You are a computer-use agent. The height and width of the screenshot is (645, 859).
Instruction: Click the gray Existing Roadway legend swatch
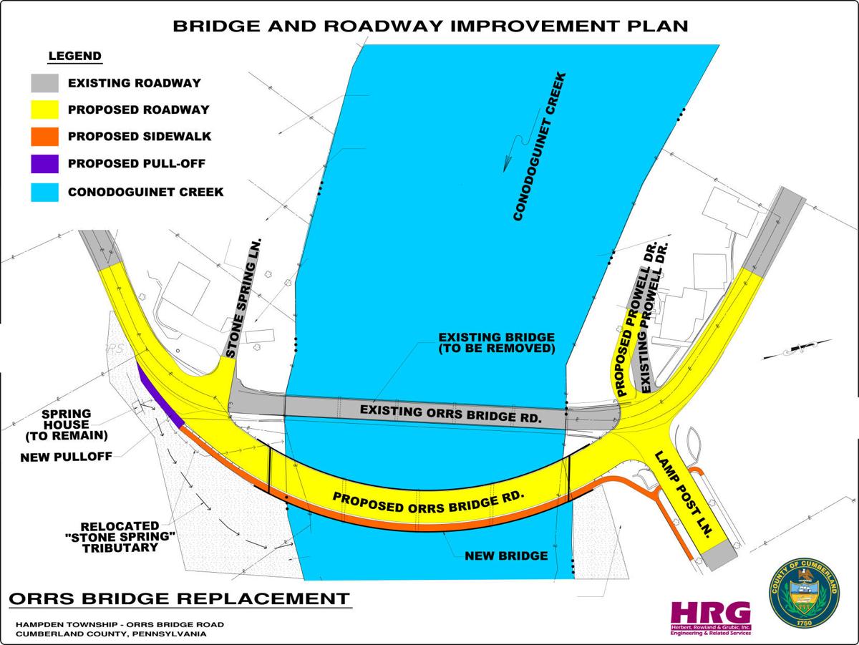click(44, 83)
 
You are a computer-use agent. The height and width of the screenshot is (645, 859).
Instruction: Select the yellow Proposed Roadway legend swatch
click(44, 110)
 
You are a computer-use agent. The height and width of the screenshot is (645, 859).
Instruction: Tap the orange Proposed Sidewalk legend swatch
click(44, 137)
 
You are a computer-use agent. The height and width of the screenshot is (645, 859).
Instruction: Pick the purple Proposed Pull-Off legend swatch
click(44, 164)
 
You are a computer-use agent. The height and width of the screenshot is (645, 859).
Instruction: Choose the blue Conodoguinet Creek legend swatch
click(44, 191)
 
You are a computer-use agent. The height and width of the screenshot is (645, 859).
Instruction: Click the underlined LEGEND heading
click(74, 56)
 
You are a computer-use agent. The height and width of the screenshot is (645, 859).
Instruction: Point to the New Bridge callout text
click(506, 556)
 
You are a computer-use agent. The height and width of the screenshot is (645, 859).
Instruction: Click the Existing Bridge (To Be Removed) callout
click(497, 344)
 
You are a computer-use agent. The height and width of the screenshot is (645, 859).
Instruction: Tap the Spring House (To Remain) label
click(65, 425)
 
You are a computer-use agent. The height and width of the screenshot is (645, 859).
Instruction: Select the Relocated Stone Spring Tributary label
click(120, 535)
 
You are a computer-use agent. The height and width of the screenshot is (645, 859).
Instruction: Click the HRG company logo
click(710, 616)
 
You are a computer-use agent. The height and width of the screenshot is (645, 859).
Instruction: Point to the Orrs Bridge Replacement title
click(178, 598)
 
